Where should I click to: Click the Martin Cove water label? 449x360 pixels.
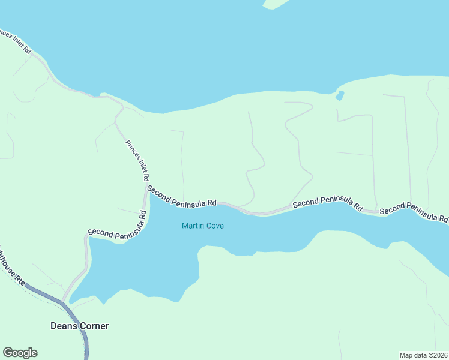(203, 226)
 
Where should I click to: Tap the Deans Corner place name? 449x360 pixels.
(79, 326)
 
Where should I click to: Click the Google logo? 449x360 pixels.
(20, 353)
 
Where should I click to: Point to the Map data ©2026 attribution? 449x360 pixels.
(423, 355)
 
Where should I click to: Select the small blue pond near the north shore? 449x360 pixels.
(340, 95)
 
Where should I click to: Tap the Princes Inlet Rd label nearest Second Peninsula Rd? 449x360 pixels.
(137, 160)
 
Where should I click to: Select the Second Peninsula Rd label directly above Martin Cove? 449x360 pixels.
(182, 196)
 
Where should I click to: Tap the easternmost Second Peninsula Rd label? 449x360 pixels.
(414, 211)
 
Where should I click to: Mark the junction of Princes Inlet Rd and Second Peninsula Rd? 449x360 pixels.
(146, 187)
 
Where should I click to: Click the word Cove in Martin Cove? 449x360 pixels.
(214, 226)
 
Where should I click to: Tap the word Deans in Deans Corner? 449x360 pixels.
(62, 326)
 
